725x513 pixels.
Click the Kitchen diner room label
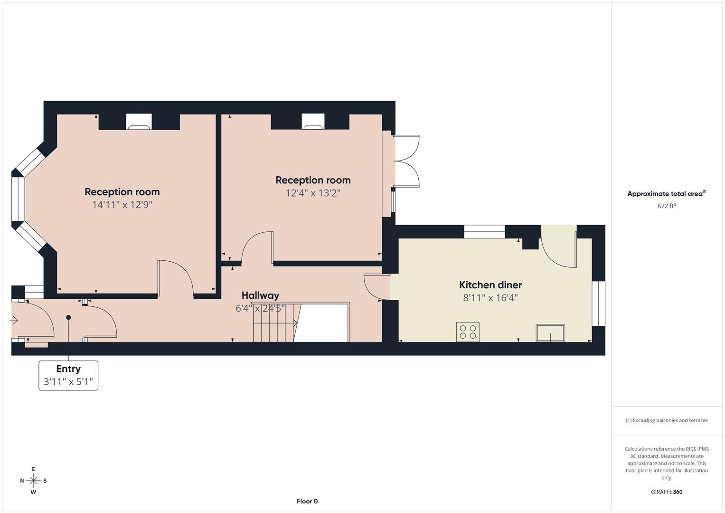(490, 285)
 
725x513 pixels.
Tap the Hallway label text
(260, 295)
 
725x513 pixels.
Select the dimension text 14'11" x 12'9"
(122, 205)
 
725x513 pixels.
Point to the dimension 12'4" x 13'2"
(313, 193)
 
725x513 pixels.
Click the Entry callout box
(68, 375)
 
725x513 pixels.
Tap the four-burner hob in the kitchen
(468, 332)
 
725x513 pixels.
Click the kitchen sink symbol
(550, 332)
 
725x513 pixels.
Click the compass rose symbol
(33, 481)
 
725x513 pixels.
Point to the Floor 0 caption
(307, 501)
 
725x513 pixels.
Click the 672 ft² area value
(667, 206)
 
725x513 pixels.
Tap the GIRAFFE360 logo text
(667, 492)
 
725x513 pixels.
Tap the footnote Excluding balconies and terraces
(667, 420)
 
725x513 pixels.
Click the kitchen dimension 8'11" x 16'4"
(490, 298)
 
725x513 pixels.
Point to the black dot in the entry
(68, 317)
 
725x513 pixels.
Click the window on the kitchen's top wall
(484, 232)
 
